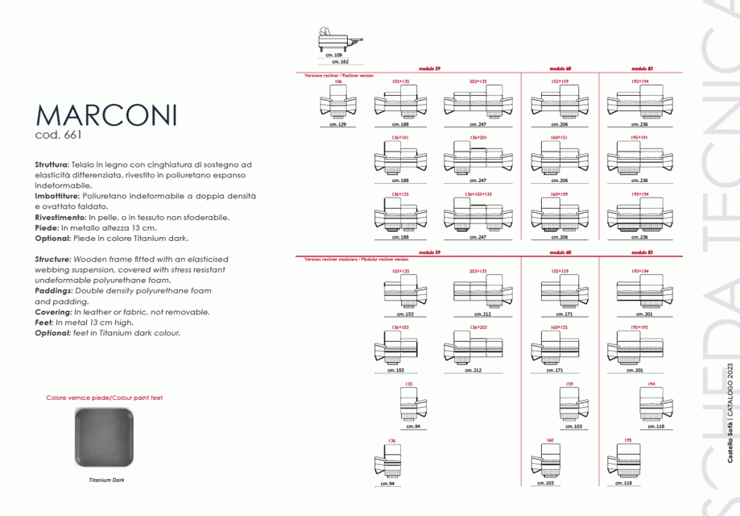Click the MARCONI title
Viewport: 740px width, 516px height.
105,114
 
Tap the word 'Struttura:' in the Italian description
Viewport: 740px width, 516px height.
52,164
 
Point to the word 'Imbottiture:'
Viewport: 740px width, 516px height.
57,196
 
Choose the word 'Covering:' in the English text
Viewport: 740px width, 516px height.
54,311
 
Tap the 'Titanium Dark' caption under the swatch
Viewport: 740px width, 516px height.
106,480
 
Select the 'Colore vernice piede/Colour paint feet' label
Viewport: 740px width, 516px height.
105,398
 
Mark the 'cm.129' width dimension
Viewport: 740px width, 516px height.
338,125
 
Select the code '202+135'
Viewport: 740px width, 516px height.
478,81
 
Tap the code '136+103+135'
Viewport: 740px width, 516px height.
478,194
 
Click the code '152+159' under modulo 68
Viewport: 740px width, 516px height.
560,81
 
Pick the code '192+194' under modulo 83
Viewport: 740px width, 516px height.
640,81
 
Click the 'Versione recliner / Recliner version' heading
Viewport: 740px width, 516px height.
339,75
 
